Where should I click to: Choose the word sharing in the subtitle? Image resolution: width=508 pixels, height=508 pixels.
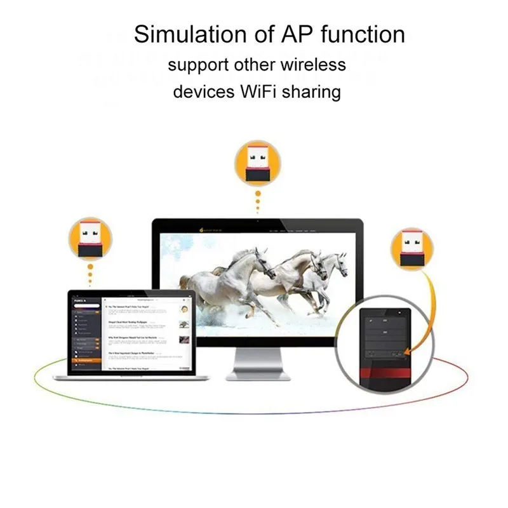coord(314,93)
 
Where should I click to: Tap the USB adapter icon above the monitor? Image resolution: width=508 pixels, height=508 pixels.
coord(257,162)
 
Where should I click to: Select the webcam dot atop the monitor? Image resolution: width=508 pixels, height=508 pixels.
coord(257,222)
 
